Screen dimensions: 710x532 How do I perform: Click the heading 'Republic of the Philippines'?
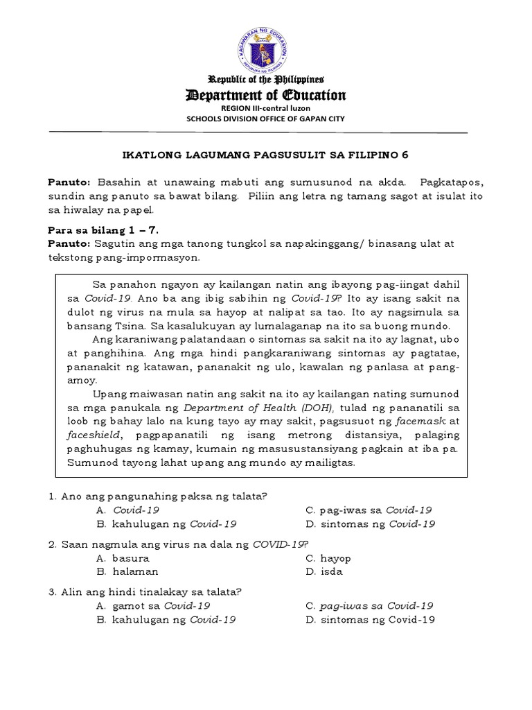pyautogui.click(x=266, y=80)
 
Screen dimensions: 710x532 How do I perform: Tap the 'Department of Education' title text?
pyautogui.click(x=266, y=95)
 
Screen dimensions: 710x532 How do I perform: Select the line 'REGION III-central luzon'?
pyautogui.click(x=266, y=109)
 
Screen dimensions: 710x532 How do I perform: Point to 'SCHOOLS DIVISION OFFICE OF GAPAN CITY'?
pyautogui.click(x=266, y=119)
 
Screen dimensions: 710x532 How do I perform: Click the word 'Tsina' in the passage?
pyautogui.click(x=122, y=325)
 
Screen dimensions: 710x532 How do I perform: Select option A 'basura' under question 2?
pyautogui.click(x=131, y=558)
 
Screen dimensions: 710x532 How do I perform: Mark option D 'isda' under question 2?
pyautogui.click(x=331, y=572)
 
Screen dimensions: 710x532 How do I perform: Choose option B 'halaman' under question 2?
pyautogui.click(x=136, y=572)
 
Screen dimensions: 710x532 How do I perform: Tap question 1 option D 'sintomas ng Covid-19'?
pyautogui.click(x=378, y=524)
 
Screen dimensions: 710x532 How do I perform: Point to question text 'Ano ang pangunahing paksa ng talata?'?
pyautogui.click(x=163, y=496)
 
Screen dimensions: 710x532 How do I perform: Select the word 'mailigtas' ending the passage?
pyautogui.click(x=330, y=462)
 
